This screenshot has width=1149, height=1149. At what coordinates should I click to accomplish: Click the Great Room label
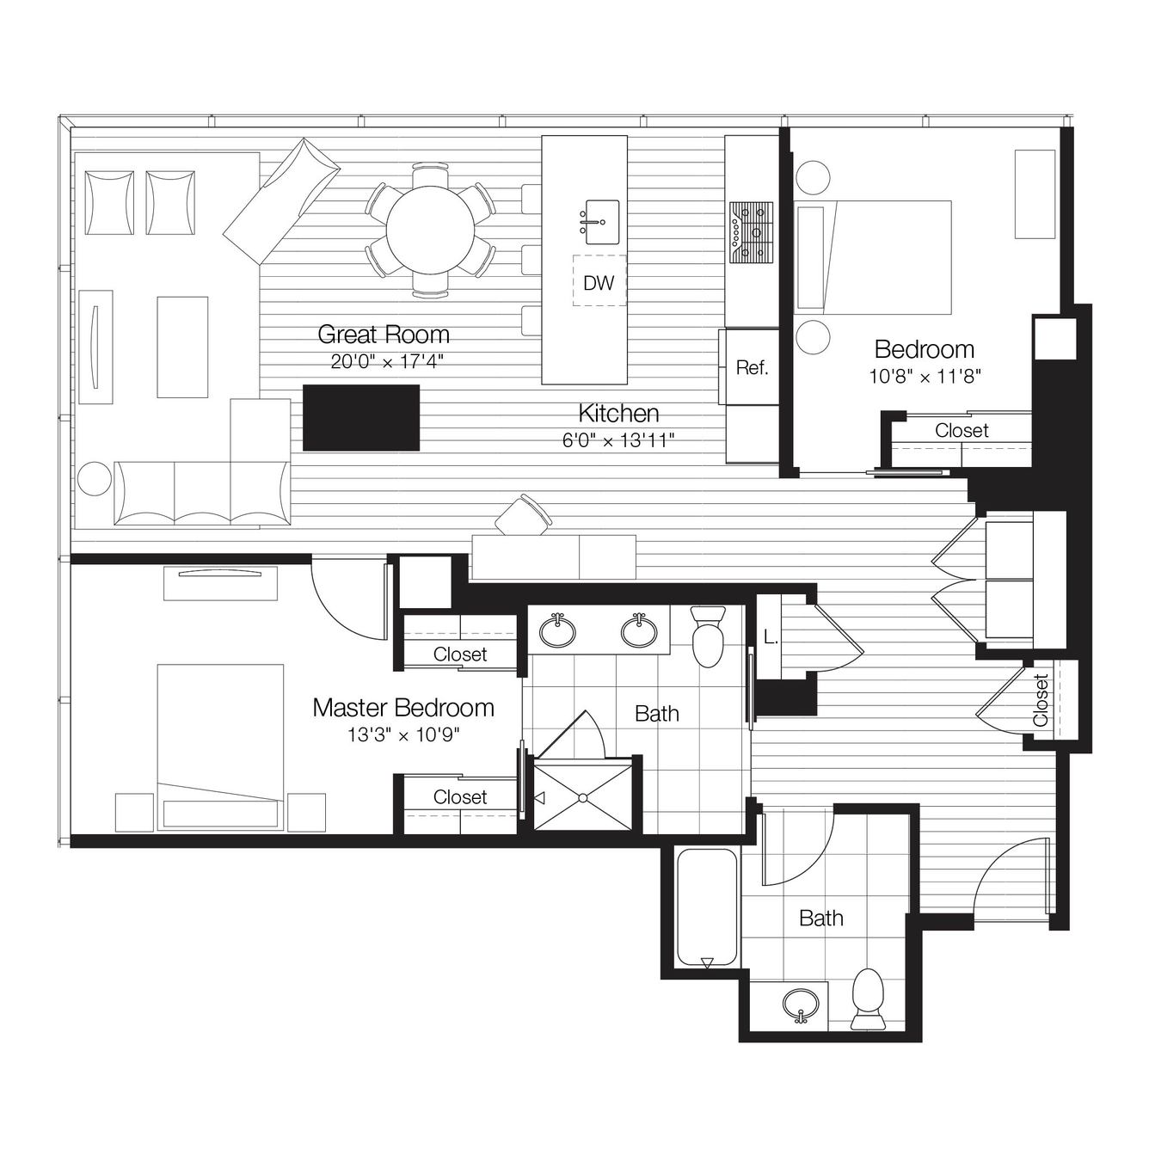[384, 335]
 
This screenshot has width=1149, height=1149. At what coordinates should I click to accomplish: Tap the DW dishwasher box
[599, 281]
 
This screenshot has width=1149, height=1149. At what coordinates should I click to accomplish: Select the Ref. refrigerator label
[752, 367]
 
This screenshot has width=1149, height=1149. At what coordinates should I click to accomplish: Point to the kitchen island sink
[602, 222]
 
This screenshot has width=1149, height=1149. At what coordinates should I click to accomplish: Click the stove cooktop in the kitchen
[752, 232]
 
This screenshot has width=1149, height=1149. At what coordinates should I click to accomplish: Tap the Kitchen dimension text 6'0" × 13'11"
[618, 440]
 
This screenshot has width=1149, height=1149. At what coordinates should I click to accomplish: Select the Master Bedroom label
[403, 708]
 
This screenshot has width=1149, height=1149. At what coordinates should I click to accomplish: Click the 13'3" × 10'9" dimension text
[403, 735]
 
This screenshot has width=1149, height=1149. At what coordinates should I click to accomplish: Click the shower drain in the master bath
[582, 798]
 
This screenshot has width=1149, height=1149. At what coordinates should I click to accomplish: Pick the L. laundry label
[771, 638]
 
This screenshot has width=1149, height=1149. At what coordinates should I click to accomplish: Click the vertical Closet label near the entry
[1041, 700]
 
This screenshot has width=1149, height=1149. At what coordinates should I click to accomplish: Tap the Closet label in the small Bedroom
[962, 430]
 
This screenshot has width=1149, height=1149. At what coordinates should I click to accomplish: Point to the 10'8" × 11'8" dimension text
[925, 376]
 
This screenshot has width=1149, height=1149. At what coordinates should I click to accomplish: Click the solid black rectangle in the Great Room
[361, 417]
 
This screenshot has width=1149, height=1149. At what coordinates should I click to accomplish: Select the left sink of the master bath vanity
[557, 630]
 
